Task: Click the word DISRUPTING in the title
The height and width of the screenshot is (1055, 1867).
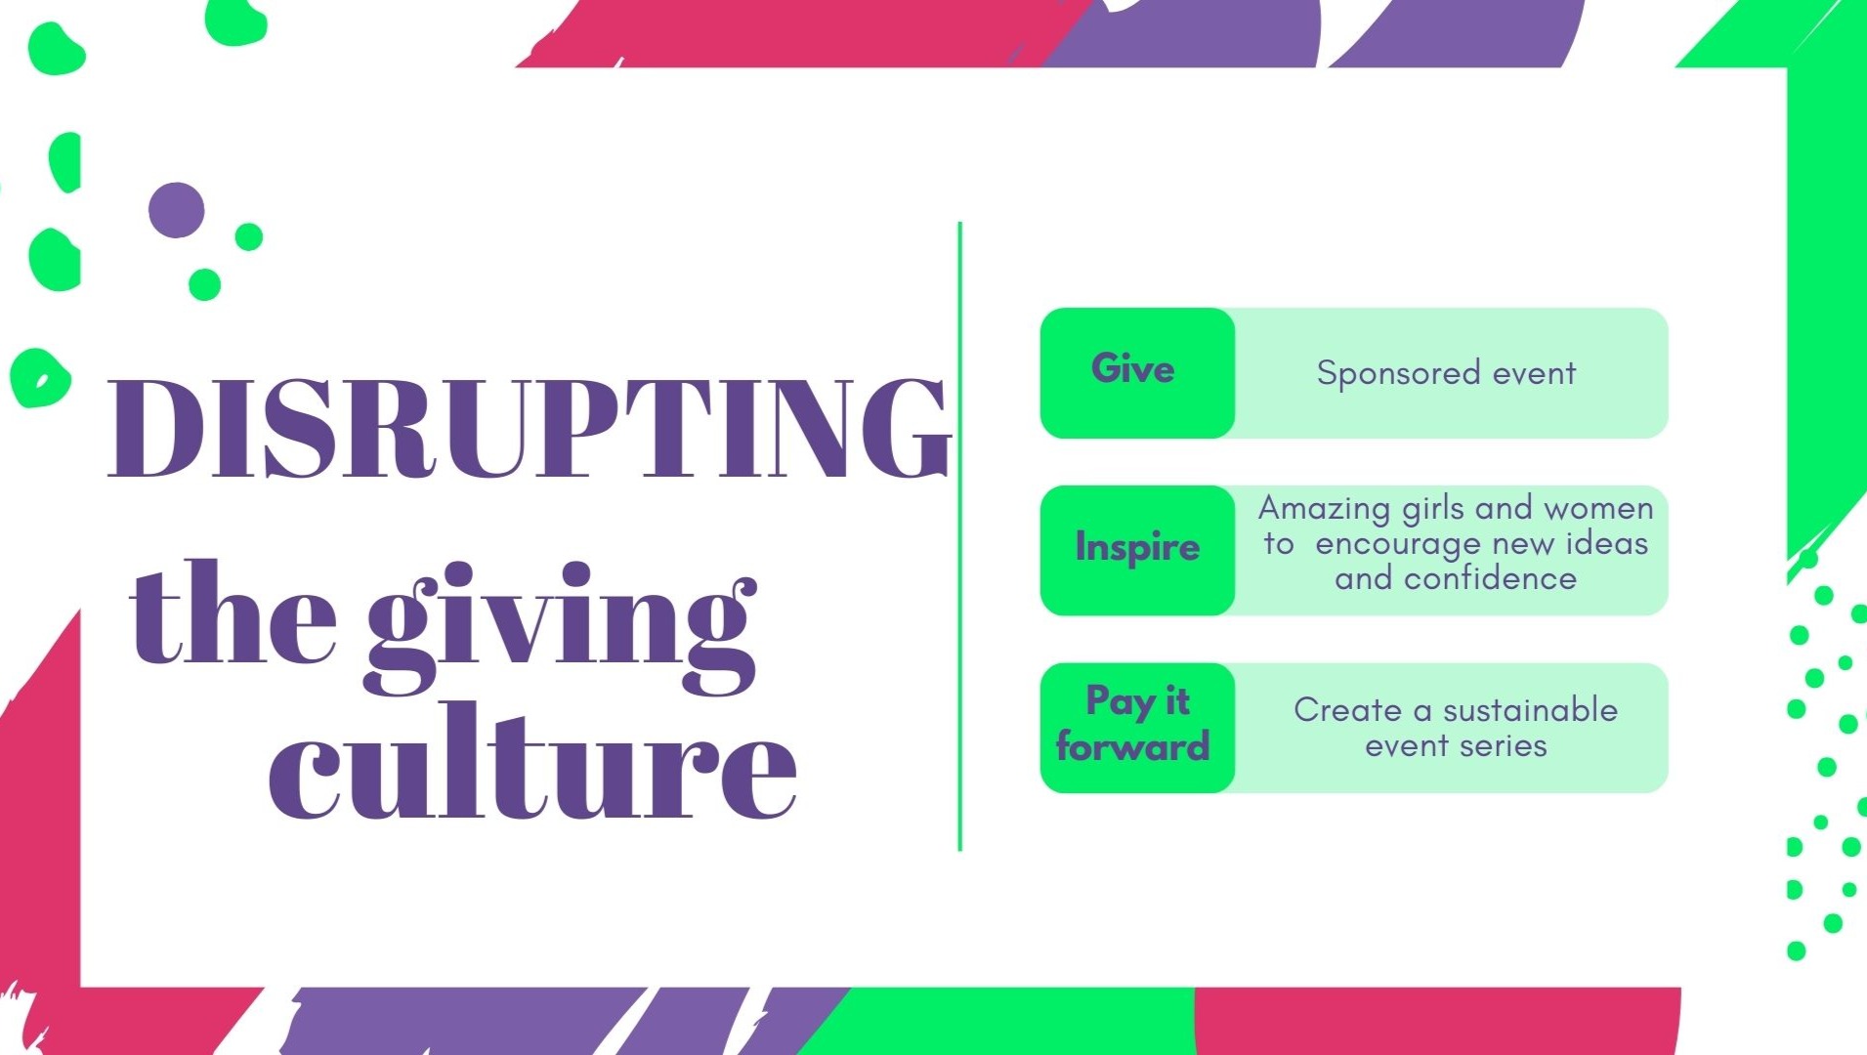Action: pos(529,429)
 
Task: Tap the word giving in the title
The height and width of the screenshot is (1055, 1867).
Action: pos(562,625)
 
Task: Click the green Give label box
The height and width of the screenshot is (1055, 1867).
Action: pos(1137,373)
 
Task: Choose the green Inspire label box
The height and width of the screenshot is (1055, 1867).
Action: pos(1137,550)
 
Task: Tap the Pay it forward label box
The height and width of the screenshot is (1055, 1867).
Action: pos(1137,728)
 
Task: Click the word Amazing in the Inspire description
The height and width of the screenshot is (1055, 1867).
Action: pos(1324,509)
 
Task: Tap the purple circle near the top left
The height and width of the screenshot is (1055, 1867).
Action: pos(177,210)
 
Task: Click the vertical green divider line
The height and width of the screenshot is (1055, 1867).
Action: pos(960,536)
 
